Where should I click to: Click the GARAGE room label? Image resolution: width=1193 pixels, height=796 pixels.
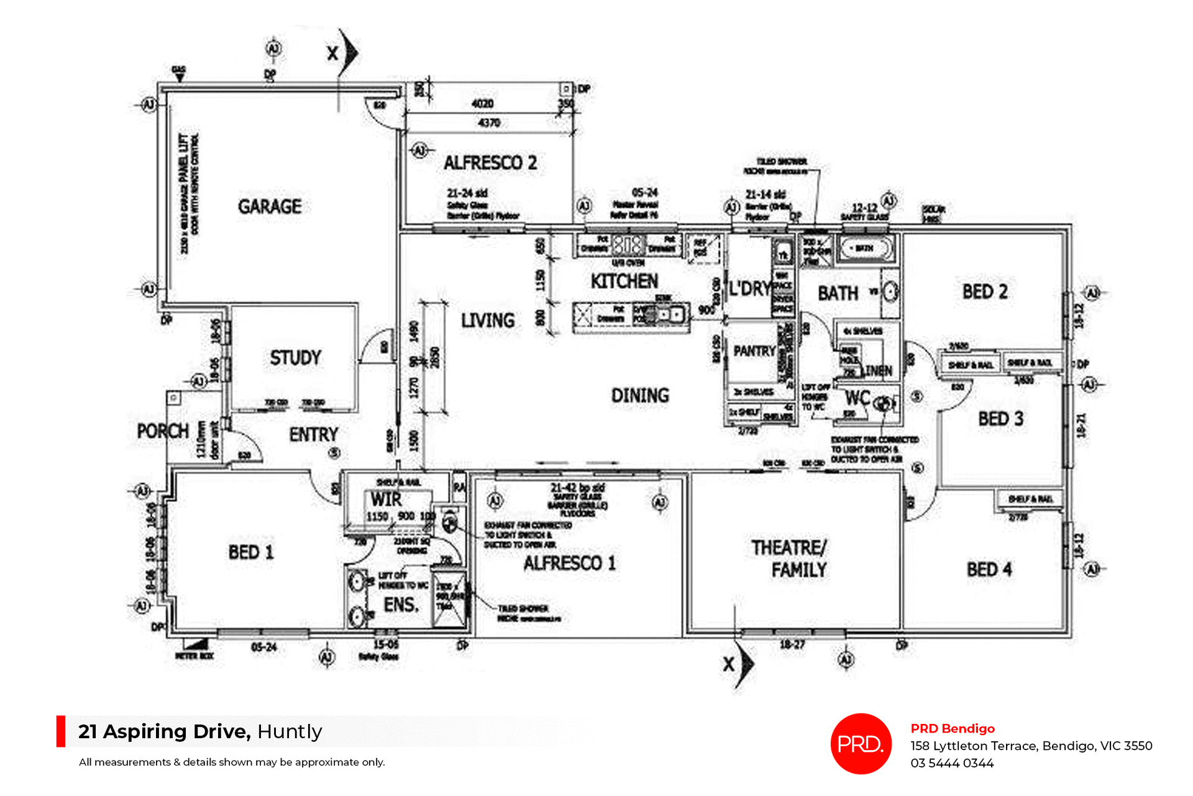(270, 206)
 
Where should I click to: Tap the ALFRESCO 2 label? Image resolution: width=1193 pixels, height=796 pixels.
(490, 163)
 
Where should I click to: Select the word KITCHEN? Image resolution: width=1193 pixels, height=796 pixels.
(624, 281)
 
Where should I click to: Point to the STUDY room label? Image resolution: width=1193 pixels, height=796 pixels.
(295, 358)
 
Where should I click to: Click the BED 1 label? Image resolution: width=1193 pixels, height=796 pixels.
(250, 552)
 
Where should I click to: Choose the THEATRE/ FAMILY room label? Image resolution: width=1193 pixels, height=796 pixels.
(790, 559)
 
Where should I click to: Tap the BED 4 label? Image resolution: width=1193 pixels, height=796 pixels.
(989, 569)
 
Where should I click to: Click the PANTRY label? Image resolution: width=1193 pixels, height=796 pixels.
(754, 351)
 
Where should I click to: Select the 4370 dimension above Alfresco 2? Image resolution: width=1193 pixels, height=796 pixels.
(489, 123)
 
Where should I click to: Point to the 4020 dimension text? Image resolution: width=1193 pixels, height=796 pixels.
(483, 104)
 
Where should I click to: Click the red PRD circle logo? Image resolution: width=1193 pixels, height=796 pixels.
(861, 743)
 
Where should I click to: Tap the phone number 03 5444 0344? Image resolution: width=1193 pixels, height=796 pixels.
(952, 763)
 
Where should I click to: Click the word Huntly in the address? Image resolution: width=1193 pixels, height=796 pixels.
(290, 731)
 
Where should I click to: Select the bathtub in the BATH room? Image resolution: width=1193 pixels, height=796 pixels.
(866, 248)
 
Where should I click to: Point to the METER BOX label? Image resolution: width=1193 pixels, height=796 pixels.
(194, 656)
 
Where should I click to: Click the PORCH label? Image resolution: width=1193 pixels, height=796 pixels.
(163, 431)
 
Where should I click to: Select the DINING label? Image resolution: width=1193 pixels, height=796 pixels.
(640, 396)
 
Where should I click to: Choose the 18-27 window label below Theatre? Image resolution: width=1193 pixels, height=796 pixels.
(792, 645)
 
